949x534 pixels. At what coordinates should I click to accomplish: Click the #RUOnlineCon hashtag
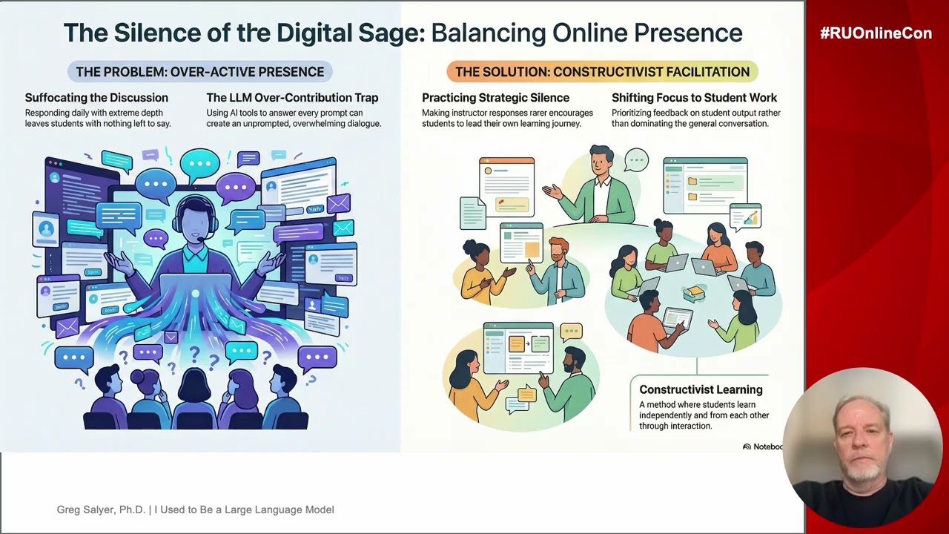pyautogui.click(x=876, y=33)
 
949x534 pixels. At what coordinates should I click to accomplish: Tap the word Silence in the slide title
pyautogui.click(x=157, y=33)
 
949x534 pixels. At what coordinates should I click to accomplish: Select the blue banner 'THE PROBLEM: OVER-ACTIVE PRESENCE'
pyautogui.click(x=200, y=72)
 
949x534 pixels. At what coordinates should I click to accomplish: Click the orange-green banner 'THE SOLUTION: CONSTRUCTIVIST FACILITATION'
pyautogui.click(x=602, y=72)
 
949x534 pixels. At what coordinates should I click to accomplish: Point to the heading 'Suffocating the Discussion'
pyautogui.click(x=96, y=98)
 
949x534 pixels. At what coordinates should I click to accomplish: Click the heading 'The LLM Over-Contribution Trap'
pyautogui.click(x=292, y=98)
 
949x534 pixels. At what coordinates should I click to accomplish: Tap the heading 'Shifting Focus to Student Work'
pyautogui.click(x=694, y=98)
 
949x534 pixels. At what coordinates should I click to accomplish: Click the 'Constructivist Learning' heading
pyautogui.click(x=701, y=389)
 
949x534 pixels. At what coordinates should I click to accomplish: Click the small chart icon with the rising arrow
pyautogui.click(x=746, y=215)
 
